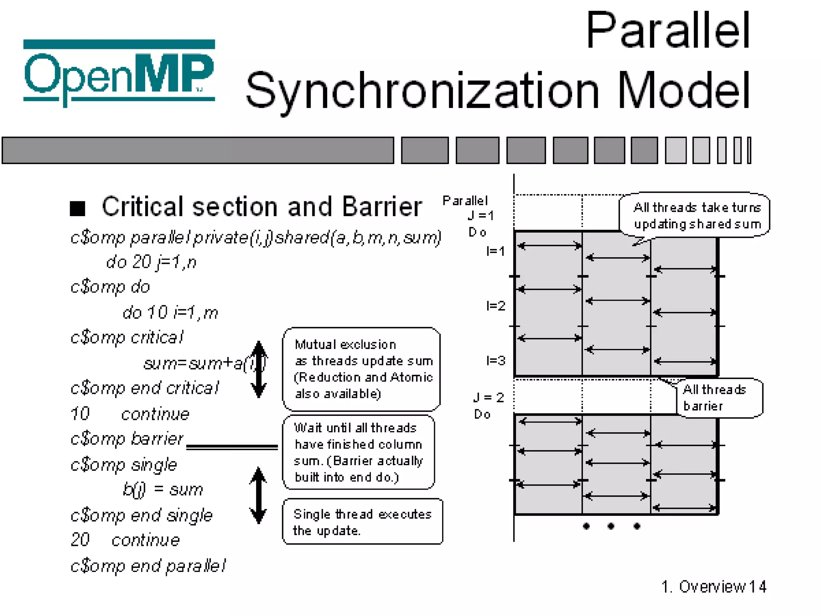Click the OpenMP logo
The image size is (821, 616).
119,72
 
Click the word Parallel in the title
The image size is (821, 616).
667,31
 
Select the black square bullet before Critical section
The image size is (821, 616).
77,208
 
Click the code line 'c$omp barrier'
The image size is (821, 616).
127,439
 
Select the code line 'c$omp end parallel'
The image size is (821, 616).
148,566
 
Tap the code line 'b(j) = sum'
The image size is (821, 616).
163,490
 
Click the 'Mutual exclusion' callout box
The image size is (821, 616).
361,369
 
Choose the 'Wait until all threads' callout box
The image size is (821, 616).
358,452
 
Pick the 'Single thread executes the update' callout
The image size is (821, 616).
362,522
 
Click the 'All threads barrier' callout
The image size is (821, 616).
719,398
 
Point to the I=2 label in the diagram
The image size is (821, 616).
495,306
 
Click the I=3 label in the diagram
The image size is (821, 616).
495,361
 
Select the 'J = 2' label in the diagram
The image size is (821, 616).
488,397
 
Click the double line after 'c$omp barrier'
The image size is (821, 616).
232,447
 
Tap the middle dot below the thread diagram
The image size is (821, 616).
611,526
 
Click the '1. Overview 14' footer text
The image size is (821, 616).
714,587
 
